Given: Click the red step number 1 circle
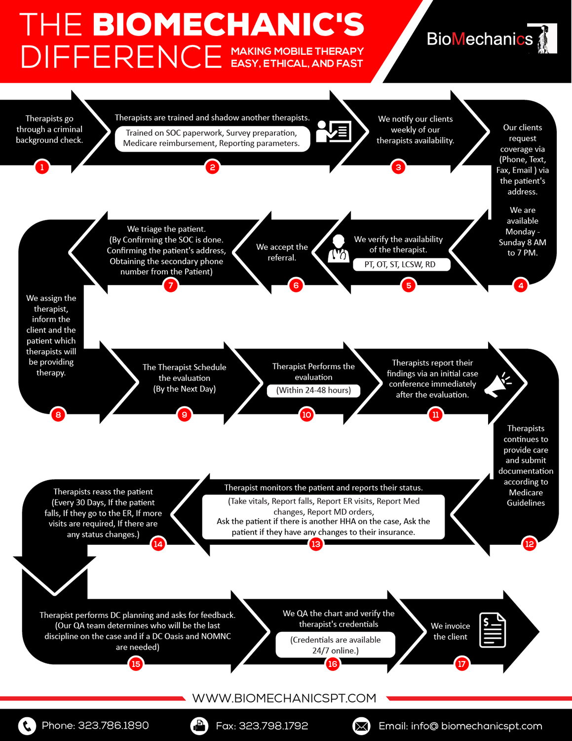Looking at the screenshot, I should pyautogui.click(x=42, y=167).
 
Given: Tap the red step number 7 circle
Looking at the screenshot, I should pyautogui.click(x=170, y=286).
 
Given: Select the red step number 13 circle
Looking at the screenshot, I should pyautogui.click(x=316, y=544).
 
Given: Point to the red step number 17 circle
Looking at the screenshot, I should pyautogui.click(x=461, y=664).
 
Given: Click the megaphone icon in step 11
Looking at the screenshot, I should pyautogui.click(x=497, y=384).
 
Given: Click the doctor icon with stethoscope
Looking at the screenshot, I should pyautogui.click(x=339, y=248).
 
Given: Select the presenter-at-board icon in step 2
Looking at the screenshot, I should pyautogui.click(x=334, y=131).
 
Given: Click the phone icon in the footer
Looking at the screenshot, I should pyautogui.click(x=27, y=726).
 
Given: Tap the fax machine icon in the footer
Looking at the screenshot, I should pyautogui.click(x=199, y=726).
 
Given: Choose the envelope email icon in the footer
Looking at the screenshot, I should pyautogui.click(x=361, y=726).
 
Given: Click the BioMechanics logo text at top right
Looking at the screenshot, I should pyautogui.click(x=479, y=39).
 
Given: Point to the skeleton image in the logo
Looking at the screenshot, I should pyautogui.click(x=544, y=39).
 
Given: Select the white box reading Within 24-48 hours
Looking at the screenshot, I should pyautogui.click(x=313, y=390).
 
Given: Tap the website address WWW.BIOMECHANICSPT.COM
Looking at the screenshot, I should pyautogui.click(x=284, y=698).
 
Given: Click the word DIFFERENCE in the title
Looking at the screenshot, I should pyautogui.click(x=121, y=57).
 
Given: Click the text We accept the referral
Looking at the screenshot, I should pyautogui.click(x=282, y=252).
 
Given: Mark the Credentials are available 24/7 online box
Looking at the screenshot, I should pyautogui.click(x=335, y=645).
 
